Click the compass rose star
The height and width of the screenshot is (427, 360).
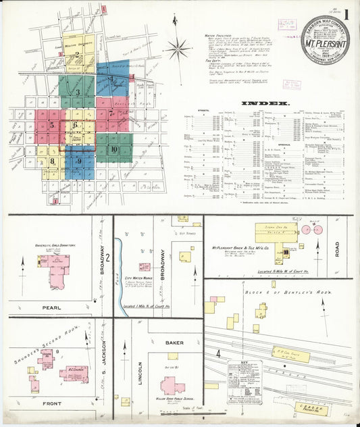tap(178, 48)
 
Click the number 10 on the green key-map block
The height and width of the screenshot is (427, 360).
tap(115, 149)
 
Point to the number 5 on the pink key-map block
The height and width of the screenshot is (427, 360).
tap(51, 125)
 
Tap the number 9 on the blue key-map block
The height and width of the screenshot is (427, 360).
tap(79, 161)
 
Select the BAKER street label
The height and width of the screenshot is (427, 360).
tap(174, 343)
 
